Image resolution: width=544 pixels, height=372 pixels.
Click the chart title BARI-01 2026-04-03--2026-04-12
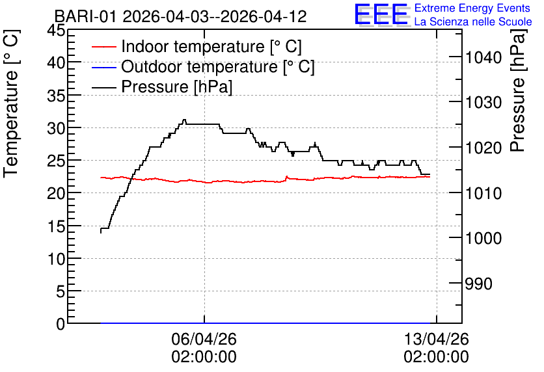coord(180,16)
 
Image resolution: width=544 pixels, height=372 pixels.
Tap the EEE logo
coord(381,15)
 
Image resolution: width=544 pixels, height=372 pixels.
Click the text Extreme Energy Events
coord(472,8)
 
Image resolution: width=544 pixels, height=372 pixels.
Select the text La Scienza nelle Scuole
coord(473,21)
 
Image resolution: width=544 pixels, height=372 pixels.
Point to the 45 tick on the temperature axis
coord(56,30)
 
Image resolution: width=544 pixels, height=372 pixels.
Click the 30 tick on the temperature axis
coord(56,128)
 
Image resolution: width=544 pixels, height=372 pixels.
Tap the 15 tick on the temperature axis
coord(56,226)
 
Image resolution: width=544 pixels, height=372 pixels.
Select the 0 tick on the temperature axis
coord(61,324)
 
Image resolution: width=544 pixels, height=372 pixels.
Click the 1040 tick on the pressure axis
coord(483,57)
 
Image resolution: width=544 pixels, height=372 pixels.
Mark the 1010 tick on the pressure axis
coord(483,193)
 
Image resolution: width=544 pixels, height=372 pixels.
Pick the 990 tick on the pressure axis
coord(479,284)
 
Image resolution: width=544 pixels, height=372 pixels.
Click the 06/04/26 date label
coord(204,339)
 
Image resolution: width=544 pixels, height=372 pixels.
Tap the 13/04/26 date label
coord(436,339)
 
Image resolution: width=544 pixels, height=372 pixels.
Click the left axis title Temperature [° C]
coord(11,103)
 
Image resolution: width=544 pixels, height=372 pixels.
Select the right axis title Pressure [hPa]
coord(518,90)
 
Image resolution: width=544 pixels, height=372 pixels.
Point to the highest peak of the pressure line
coord(184,120)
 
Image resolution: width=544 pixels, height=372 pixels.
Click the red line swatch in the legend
coord(103,46)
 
